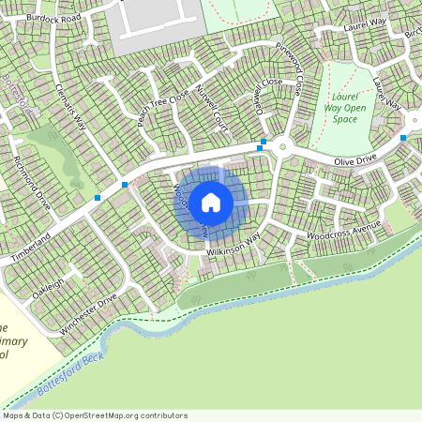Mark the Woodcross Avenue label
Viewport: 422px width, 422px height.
[x=344, y=231]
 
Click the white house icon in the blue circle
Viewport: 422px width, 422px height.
[x=211, y=202]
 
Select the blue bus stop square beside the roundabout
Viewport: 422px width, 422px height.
[x=263, y=143]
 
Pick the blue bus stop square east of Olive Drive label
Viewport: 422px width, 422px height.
[x=403, y=138]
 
